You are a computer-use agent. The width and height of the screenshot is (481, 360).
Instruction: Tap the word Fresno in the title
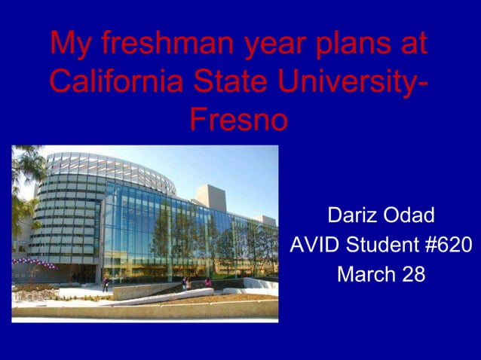[x=238, y=118]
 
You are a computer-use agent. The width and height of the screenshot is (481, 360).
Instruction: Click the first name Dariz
[x=353, y=215]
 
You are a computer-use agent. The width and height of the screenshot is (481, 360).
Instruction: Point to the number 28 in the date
[x=413, y=275]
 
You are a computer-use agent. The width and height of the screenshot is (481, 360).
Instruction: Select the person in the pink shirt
[x=207, y=283]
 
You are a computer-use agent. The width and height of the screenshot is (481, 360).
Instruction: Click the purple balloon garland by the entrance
[x=34, y=263]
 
